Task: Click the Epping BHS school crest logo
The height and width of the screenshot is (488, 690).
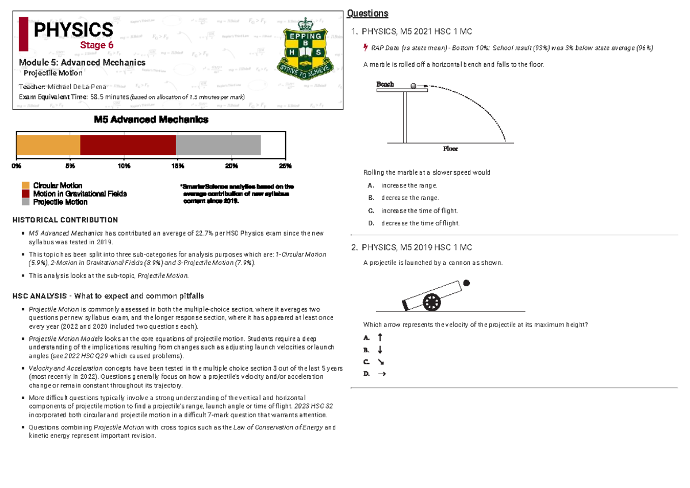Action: (306, 55)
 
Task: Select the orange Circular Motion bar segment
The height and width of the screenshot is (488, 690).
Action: (48, 145)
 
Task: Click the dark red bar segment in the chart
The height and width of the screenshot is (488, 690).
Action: (128, 145)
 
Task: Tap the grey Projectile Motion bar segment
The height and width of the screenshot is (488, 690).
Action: (218, 145)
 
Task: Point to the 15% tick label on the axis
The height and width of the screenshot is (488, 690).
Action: (178, 166)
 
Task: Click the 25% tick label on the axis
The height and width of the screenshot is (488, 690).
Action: (285, 166)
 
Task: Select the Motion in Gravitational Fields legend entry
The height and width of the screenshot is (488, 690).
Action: (80, 194)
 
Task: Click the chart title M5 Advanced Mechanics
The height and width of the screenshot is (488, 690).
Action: (151, 120)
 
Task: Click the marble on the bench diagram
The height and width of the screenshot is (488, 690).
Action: (413, 86)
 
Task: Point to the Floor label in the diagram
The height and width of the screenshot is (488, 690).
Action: (450, 148)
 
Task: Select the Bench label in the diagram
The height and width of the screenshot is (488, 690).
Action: (385, 84)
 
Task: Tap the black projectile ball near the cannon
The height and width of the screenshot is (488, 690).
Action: (466, 283)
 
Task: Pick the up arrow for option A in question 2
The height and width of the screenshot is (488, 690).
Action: (379, 337)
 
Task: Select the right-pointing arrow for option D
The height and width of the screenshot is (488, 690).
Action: (381, 374)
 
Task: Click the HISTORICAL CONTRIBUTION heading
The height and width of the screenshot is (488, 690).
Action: (65, 220)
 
